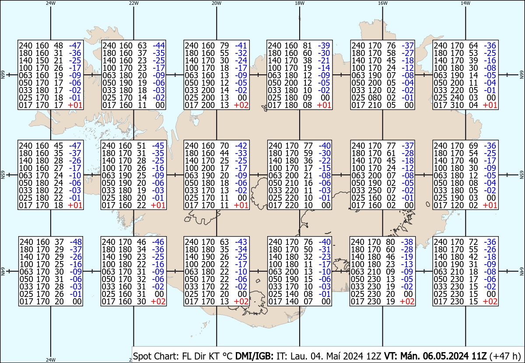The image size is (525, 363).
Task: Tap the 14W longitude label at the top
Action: click(x=465, y=3)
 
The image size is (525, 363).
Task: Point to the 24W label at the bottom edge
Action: click(x=51, y=360)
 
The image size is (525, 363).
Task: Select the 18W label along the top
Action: click(x=299, y=3)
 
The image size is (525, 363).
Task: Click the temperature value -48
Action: click(x=75, y=242)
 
